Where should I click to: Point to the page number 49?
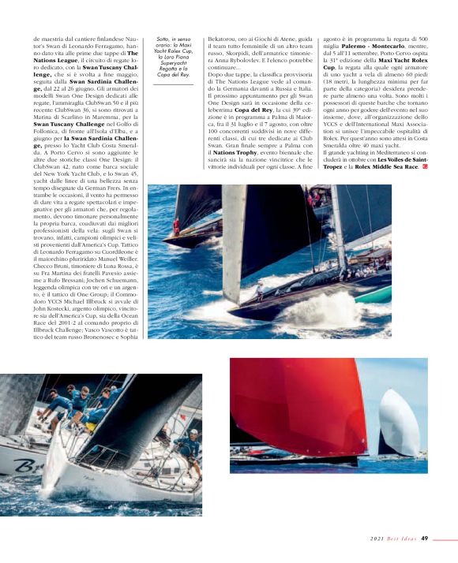click(424, 539)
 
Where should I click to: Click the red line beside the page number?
click(445, 539)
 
